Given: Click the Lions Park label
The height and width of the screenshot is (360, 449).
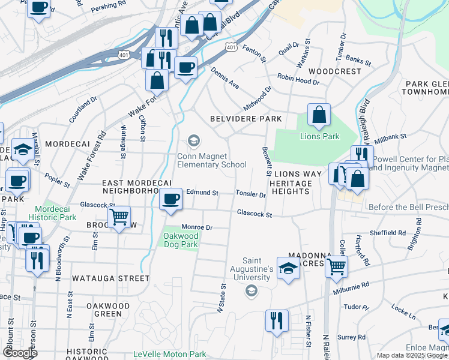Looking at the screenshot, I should (x=319, y=136).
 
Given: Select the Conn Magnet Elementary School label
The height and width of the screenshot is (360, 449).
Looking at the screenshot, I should (x=211, y=160).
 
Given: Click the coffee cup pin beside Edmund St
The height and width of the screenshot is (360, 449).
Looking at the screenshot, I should (x=171, y=198).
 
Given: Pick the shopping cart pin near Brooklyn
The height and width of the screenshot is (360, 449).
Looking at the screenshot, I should (x=119, y=217).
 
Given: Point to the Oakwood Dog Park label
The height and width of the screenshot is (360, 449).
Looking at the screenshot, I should (x=181, y=241).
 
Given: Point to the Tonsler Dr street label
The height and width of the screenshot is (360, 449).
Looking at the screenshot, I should (x=250, y=194).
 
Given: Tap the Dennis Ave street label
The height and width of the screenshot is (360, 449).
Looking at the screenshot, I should (x=224, y=78).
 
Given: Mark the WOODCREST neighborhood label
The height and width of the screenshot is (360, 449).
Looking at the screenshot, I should (x=339, y=71).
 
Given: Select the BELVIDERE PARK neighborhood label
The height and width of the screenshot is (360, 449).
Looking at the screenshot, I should (x=246, y=119).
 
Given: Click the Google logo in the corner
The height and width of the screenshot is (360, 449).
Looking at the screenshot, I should (x=20, y=353).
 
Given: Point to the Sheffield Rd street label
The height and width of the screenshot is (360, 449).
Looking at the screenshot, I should (x=388, y=232).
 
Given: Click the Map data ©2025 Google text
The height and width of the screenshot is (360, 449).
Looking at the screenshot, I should (x=412, y=355).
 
